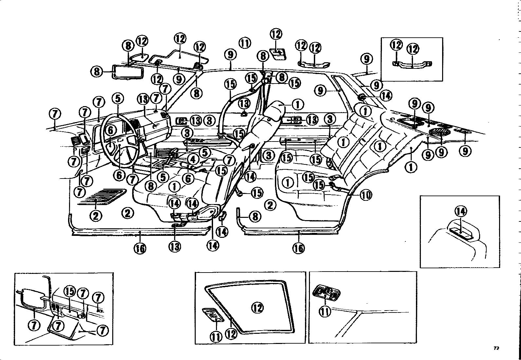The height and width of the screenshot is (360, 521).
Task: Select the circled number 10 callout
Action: [366, 195]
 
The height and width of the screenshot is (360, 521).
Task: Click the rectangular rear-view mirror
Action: [128, 71]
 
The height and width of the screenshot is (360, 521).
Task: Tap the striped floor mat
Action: [101, 197]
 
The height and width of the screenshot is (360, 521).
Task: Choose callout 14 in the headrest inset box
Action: [461, 211]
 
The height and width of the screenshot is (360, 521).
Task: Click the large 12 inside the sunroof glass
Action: [258, 308]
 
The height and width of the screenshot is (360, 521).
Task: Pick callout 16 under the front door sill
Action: [140, 248]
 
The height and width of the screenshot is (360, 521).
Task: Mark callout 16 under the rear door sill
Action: [298, 248]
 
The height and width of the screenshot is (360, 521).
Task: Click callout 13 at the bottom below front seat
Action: [175, 246]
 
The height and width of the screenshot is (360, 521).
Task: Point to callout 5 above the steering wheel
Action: [118, 99]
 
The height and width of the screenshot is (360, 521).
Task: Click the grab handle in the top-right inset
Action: [412, 65]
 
